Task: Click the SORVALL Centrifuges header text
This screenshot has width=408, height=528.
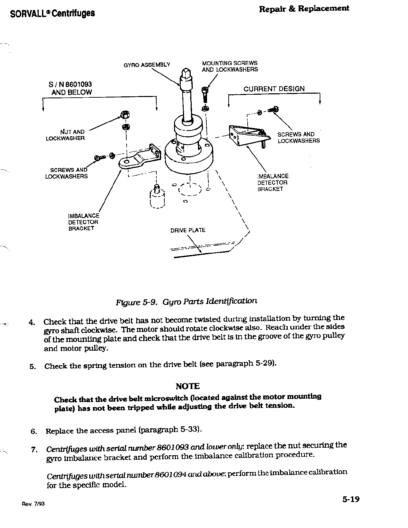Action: [52, 13]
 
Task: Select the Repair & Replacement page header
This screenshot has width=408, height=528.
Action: [304, 9]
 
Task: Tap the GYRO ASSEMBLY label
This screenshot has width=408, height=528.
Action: [147, 65]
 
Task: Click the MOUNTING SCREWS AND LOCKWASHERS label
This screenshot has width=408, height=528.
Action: [230, 66]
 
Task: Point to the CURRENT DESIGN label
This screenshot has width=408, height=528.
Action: [274, 89]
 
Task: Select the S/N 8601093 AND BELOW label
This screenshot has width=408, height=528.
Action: [71, 88]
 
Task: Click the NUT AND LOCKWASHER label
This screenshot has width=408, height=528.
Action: [65, 135]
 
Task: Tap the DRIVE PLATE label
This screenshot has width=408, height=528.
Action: [188, 230]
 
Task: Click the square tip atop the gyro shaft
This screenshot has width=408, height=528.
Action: [186, 72]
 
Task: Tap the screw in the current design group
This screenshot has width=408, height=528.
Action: [275, 109]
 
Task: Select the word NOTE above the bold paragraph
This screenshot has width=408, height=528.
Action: [187, 386]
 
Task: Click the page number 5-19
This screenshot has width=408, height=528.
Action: [350, 499]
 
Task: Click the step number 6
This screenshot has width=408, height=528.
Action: [33, 431]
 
